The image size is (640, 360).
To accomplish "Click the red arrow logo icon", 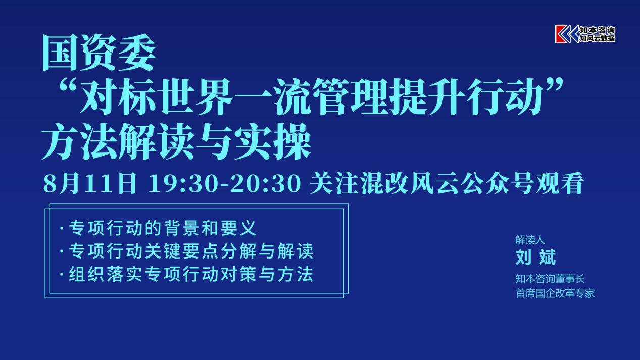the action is (x=567, y=34).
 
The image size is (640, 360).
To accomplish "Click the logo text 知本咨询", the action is (x=598, y=30).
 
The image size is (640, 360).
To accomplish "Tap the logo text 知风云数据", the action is (x=598, y=38).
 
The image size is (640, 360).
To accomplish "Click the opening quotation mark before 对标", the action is (x=69, y=86).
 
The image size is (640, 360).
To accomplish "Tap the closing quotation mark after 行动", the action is (x=552, y=86).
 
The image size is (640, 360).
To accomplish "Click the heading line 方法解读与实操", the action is (x=176, y=141).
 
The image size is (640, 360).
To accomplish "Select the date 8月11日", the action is (x=90, y=183).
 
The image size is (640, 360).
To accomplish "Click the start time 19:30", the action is (x=186, y=184).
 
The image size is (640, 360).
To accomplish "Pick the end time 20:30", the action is (x=266, y=184).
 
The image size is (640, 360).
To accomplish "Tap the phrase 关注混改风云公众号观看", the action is (x=447, y=183).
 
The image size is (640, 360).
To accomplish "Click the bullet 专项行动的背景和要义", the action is (x=162, y=228).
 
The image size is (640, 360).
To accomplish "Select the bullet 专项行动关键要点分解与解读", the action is (x=190, y=251).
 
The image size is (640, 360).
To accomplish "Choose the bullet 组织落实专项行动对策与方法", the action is (x=190, y=274).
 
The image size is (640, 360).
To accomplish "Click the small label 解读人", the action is (x=530, y=240).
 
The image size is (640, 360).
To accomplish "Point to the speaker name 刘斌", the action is (x=535, y=257).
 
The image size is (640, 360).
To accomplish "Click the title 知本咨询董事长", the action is (x=550, y=279).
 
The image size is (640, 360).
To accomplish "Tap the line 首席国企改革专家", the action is (x=555, y=293).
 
